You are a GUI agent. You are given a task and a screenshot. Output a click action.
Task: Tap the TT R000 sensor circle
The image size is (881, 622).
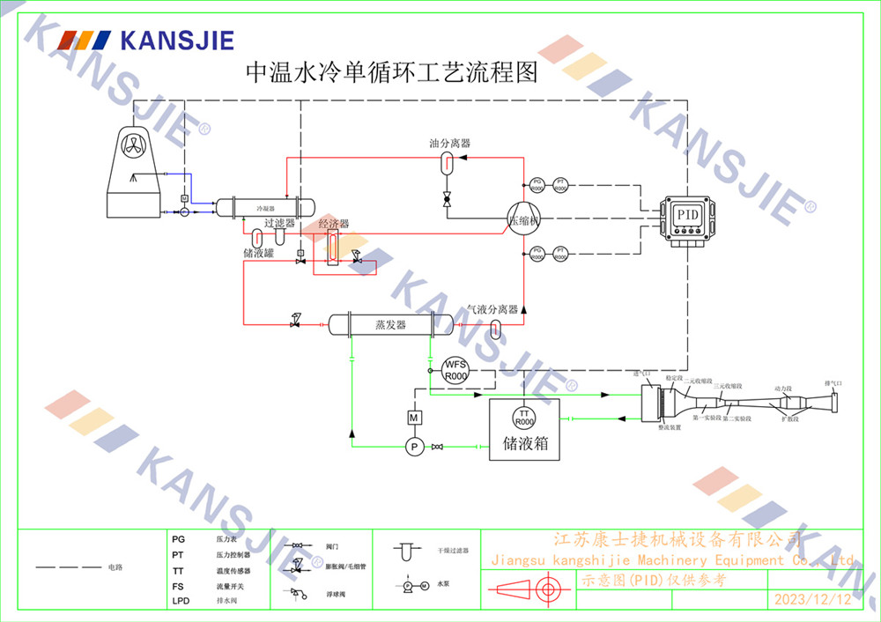pos(524,418)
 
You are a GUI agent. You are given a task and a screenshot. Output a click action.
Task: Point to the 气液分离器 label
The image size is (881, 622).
pos(492,309)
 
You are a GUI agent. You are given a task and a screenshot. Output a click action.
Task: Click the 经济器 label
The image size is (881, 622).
pos(334,225)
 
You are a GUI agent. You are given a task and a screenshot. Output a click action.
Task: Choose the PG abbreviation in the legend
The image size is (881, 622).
pos(179,537)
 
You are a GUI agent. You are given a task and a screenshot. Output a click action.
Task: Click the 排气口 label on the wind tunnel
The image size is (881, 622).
pos(833,383)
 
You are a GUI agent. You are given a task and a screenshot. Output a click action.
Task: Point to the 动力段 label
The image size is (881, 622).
pos(783,388)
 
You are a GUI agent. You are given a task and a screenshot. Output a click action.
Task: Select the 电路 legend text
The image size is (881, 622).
pos(115,567)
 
